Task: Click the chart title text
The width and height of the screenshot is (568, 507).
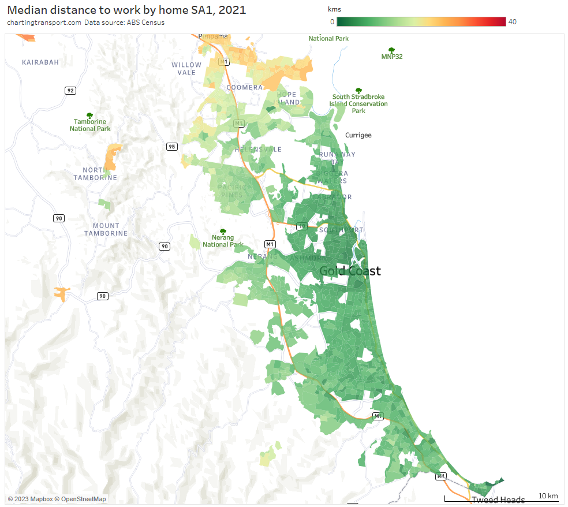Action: (x=126, y=10)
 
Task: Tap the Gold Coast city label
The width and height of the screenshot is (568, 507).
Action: (x=350, y=271)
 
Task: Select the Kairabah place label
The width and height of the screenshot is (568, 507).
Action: (x=40, y=62)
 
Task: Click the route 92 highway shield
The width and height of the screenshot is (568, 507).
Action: (x=70, y=91)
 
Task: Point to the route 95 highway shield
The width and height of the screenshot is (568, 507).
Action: (x=171, y=147)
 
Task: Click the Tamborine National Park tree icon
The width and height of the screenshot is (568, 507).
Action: (x=89, y=116)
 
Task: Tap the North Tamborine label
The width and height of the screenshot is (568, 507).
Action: (x=95, y=174)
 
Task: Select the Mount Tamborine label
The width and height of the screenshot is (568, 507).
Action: (x=106, y=229)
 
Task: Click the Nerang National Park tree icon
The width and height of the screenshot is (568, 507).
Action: (x=223, y=232)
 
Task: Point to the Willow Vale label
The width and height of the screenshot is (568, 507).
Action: (x=187, y=69)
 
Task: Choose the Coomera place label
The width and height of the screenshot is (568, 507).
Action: (x=245, y=88)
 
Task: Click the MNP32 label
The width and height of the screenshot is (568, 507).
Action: (x=392, y=57)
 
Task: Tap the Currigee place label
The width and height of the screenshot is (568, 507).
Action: (x=358, y=135)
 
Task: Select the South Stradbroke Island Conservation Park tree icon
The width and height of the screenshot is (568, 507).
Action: (x=358, y=91)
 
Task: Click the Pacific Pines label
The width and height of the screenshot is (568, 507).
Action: (x=232, y=191)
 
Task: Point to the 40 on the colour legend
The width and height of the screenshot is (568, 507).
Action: (x=513, y=21)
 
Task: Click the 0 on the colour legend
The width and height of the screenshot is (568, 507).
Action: (x=332, y=21)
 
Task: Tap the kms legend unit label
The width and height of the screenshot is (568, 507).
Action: (x=334, y=10)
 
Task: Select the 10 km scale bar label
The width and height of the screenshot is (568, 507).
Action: (x=548, y=496)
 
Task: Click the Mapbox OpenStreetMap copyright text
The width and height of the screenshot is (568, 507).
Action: (x=57, y=499)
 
